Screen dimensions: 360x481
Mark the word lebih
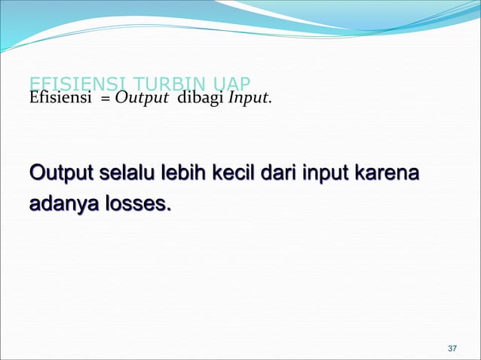pos(187,176)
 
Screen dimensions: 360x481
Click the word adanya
pos(61,204)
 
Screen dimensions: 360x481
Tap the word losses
pos(136,203)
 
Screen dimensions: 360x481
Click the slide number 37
pos(452,349)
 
